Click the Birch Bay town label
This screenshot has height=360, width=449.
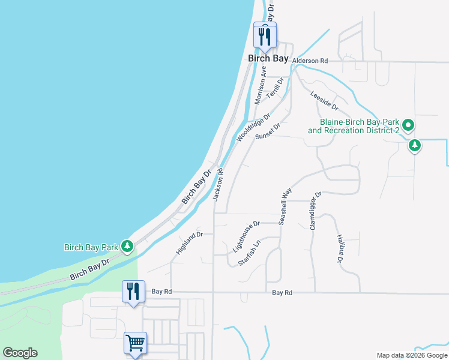tap(268, 58)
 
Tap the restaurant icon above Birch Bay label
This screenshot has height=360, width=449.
tap(264, 35)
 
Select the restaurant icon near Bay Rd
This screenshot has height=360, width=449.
tap(133, 292)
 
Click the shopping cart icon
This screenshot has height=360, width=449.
tap(135, 344)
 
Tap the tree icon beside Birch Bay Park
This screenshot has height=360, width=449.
tap(127, 246)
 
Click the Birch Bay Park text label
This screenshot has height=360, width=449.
tap(91, 247)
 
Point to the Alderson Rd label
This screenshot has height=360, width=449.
tap(310, 61)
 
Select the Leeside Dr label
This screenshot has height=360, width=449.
tap(325, 100)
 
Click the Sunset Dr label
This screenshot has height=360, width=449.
tap(268, 131)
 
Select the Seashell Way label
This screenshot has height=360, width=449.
tap(285, 206)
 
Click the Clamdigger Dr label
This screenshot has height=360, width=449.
tap(315, 211)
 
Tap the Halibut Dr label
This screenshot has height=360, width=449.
tap(339, 250)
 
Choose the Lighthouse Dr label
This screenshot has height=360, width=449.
tap(246, 236)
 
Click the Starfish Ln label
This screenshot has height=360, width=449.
tap(250, 253)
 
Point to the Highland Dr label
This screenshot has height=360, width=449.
tap(190, 242)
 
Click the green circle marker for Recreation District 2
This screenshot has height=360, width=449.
tap(409, 126)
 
